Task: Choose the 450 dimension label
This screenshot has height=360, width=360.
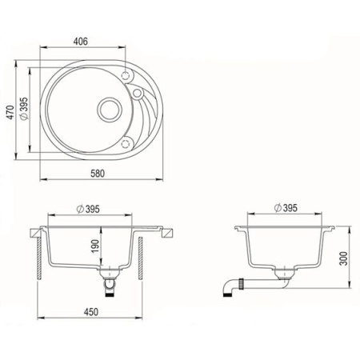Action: (x=90, y=314)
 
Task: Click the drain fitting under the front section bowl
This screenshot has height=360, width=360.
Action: (x=110, y=281)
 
